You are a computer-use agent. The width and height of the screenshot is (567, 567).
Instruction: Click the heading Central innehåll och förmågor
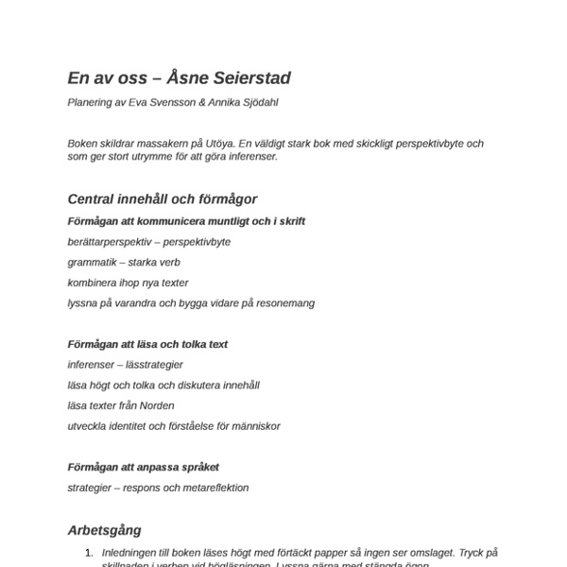pyautogui.click(x=163, y=199)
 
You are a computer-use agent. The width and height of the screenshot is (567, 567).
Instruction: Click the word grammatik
pyautogui.click(x=91, y=262)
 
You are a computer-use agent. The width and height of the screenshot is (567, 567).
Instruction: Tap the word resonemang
pyautogui.click(x=281, y=303)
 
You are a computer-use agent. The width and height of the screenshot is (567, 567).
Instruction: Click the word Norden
pyautogui.click(x=155, y=405)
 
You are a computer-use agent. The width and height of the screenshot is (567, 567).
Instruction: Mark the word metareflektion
pyautogui.click(x=215, y=488)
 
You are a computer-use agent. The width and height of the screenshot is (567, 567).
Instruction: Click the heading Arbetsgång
pyautogui.click(x=105, y=531)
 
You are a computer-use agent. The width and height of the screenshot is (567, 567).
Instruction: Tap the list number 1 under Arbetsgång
pyautogui.click(x=88, y=553)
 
